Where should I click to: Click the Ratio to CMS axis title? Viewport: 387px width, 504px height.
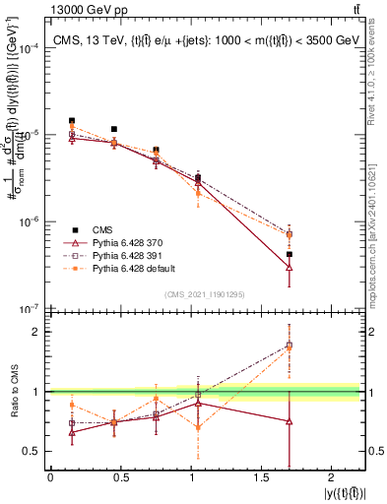click(13, 391)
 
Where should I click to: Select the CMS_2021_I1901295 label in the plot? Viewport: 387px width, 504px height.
click(205, 294)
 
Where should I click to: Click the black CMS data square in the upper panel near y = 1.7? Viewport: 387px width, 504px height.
click(290, 254)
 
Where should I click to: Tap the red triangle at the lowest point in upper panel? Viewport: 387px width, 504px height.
click(290, 267)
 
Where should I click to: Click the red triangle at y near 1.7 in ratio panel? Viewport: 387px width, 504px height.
click(290, 421)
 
